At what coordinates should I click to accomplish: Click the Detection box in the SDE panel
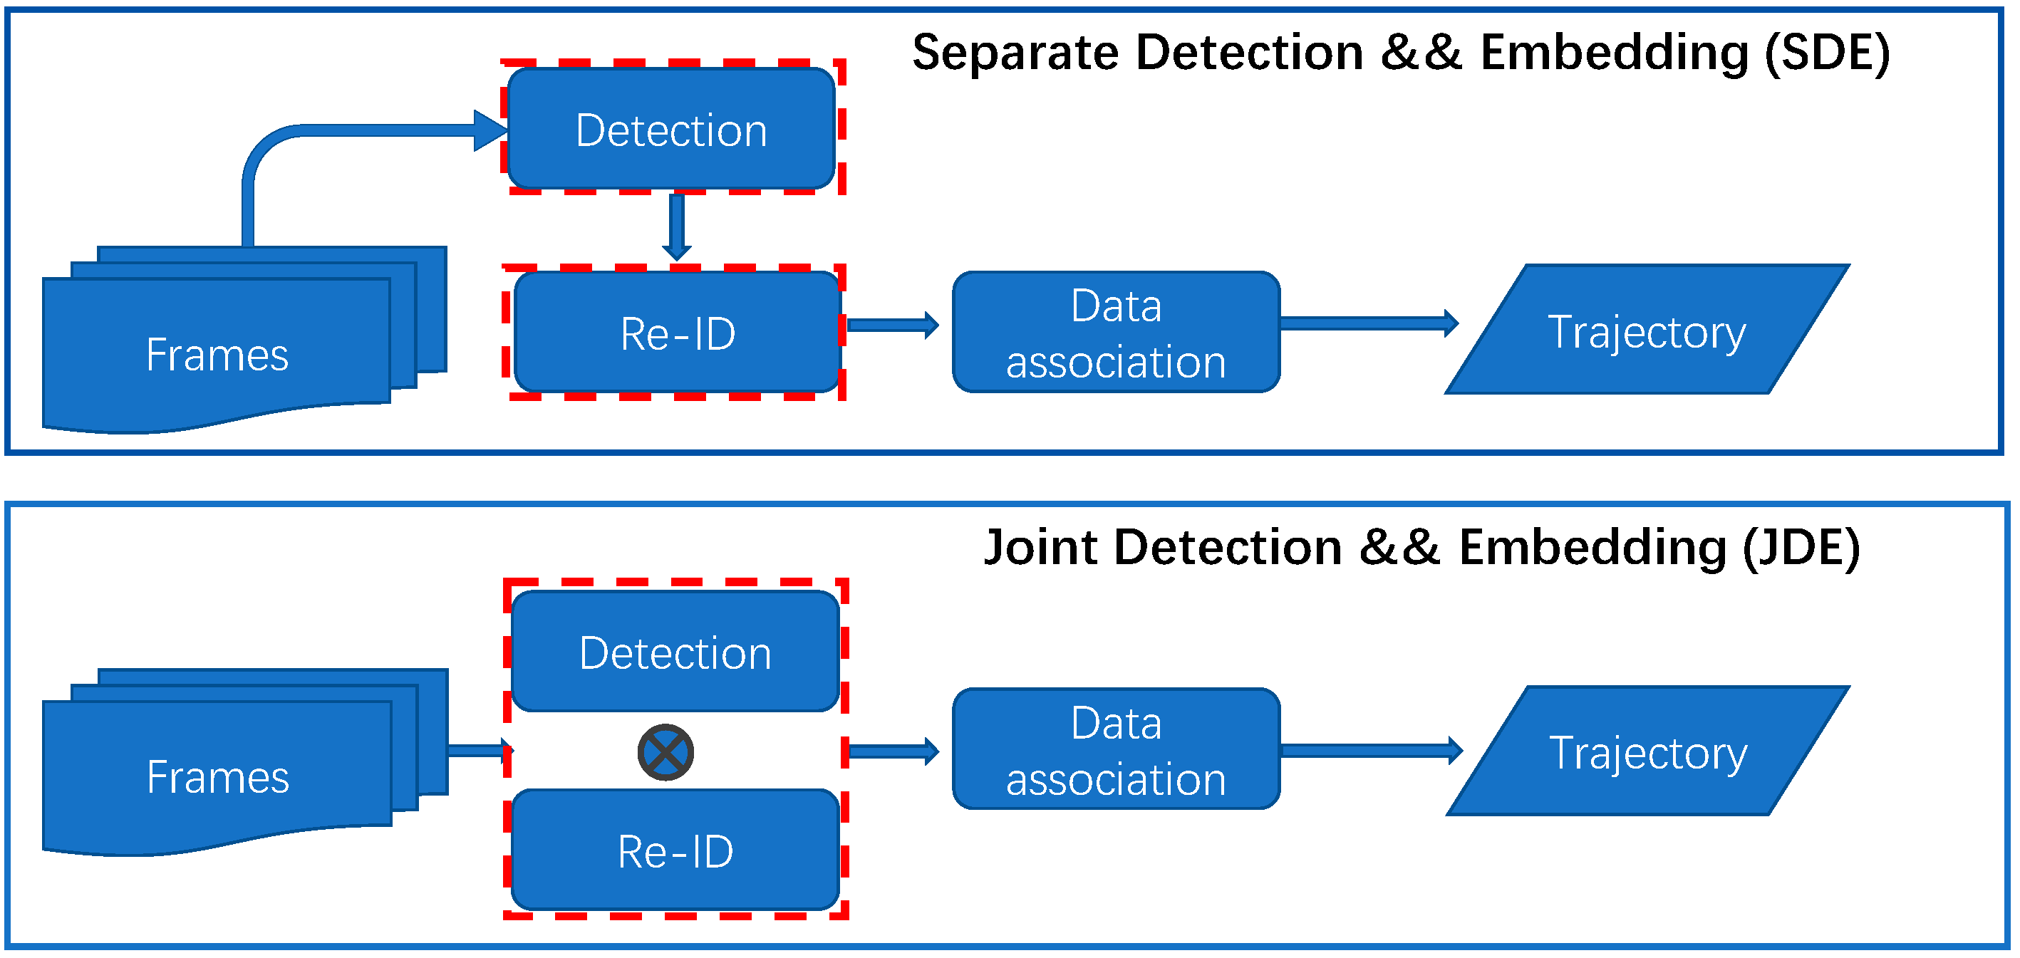point(671,130)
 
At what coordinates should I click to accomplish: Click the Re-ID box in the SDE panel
point(678,333)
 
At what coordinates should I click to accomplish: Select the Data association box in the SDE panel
point(1116,333)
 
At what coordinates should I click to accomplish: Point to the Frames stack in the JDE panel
point(218,776)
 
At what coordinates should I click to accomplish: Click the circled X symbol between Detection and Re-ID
point(665,753)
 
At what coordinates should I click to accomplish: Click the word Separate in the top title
point(1015,53)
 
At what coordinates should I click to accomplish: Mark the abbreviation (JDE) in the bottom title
point(1801,547)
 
